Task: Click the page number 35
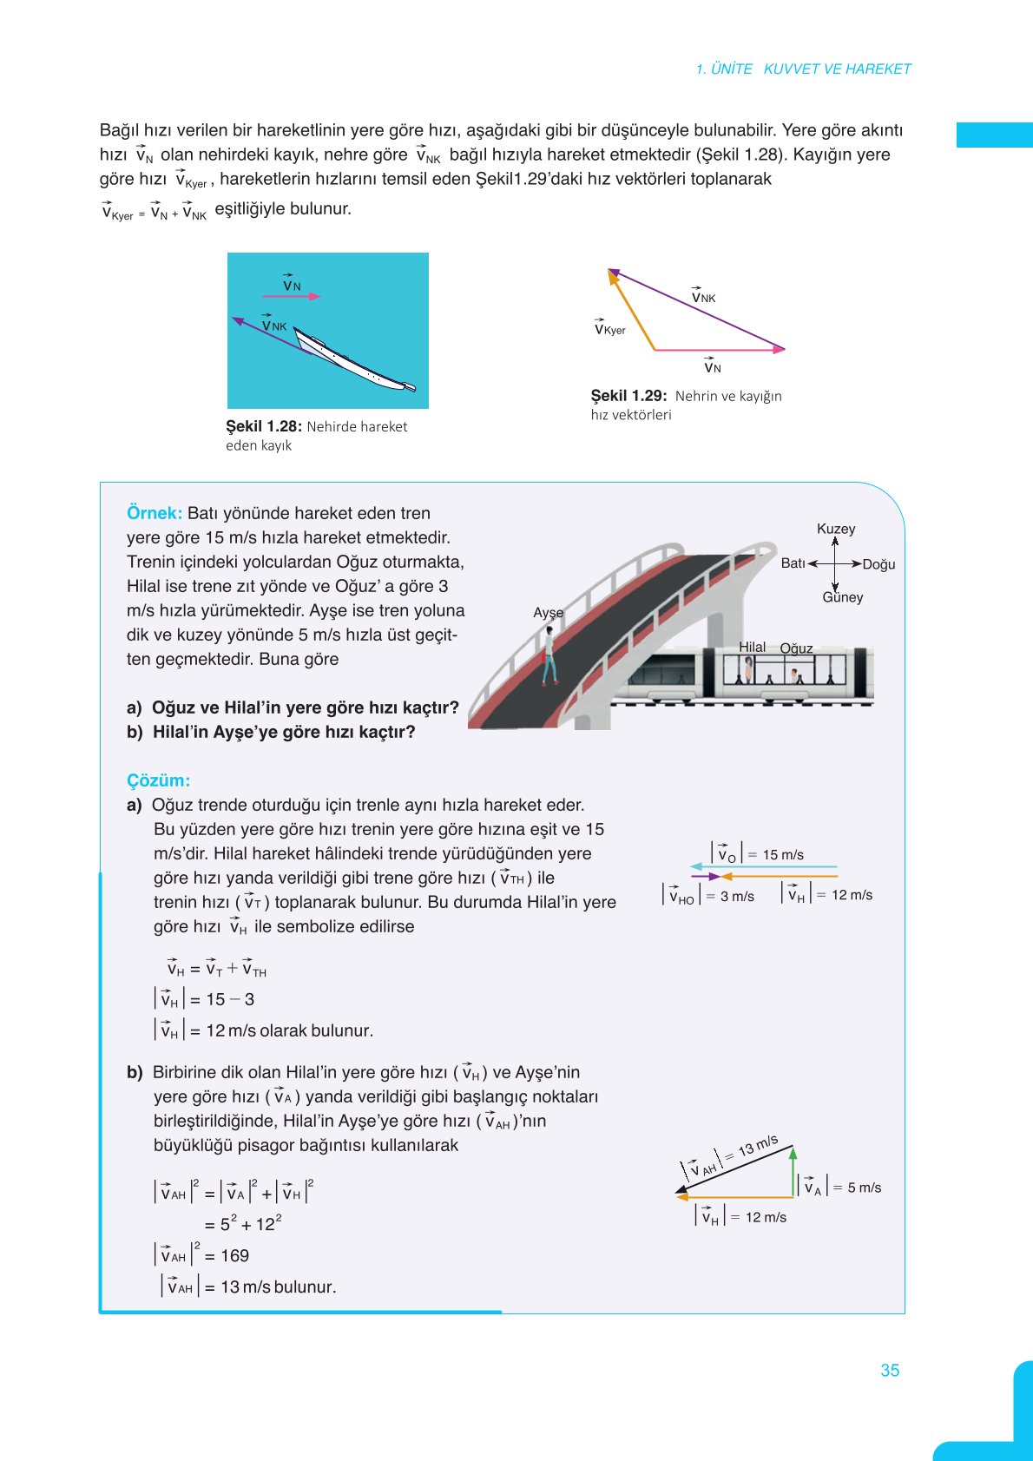[x=890, y=1370]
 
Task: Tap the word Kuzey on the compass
[x=836, y=529]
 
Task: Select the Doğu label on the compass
[x=878, y=564]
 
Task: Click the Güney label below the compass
[x=843, y=597]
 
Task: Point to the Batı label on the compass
[x=793, y=563]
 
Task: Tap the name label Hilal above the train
[x=752, y=647]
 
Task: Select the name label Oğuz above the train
[x=796, y=648]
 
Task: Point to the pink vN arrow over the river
[x=292, y=296]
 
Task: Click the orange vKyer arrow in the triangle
[x=631, y=310]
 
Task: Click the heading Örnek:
[x=155, y=513]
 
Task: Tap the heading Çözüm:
[x=158, y=780]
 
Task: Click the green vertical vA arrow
[x=793, y=1172]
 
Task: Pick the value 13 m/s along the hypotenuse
[x=758, y=1146]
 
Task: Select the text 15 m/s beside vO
[x=783, y=855]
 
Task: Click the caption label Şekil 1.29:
[x=628, y=396]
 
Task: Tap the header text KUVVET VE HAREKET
[x=837, y=69]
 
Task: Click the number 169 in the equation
[x=234, y=1255]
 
